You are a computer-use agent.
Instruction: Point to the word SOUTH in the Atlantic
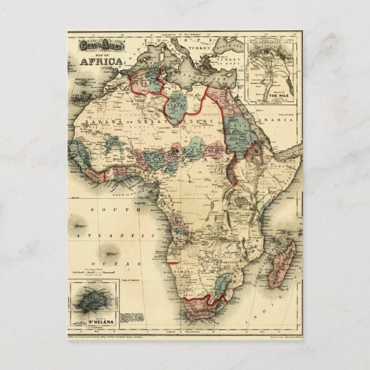[x=102, y=210]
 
